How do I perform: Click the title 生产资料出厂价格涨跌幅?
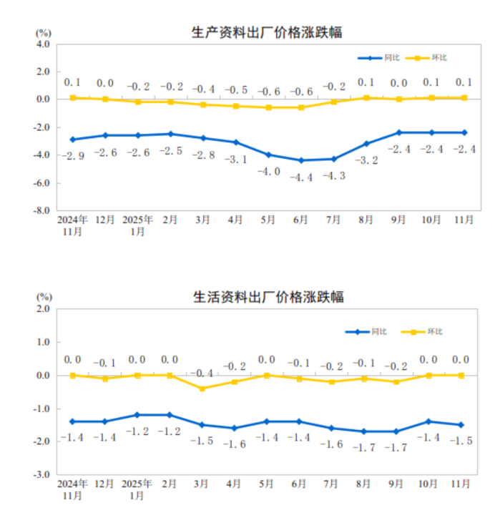[267, 32]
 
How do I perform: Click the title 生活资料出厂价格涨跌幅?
[267, 296]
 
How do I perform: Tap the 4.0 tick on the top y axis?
[42, 44]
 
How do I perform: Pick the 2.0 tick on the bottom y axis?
[42, 309]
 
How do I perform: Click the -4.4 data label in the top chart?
[300, 177]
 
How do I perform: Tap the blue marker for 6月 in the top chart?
[300, 160]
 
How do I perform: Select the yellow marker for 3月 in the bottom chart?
[202, 388]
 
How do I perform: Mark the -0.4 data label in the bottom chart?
[202, 373]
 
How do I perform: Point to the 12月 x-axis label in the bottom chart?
[105, 484]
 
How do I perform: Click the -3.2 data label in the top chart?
[366, 160]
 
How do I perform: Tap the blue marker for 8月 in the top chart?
[366, 144]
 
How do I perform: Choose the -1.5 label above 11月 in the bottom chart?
[461, 441]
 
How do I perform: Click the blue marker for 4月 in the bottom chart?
[235, 428]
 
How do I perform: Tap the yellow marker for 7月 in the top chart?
[333, 102]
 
